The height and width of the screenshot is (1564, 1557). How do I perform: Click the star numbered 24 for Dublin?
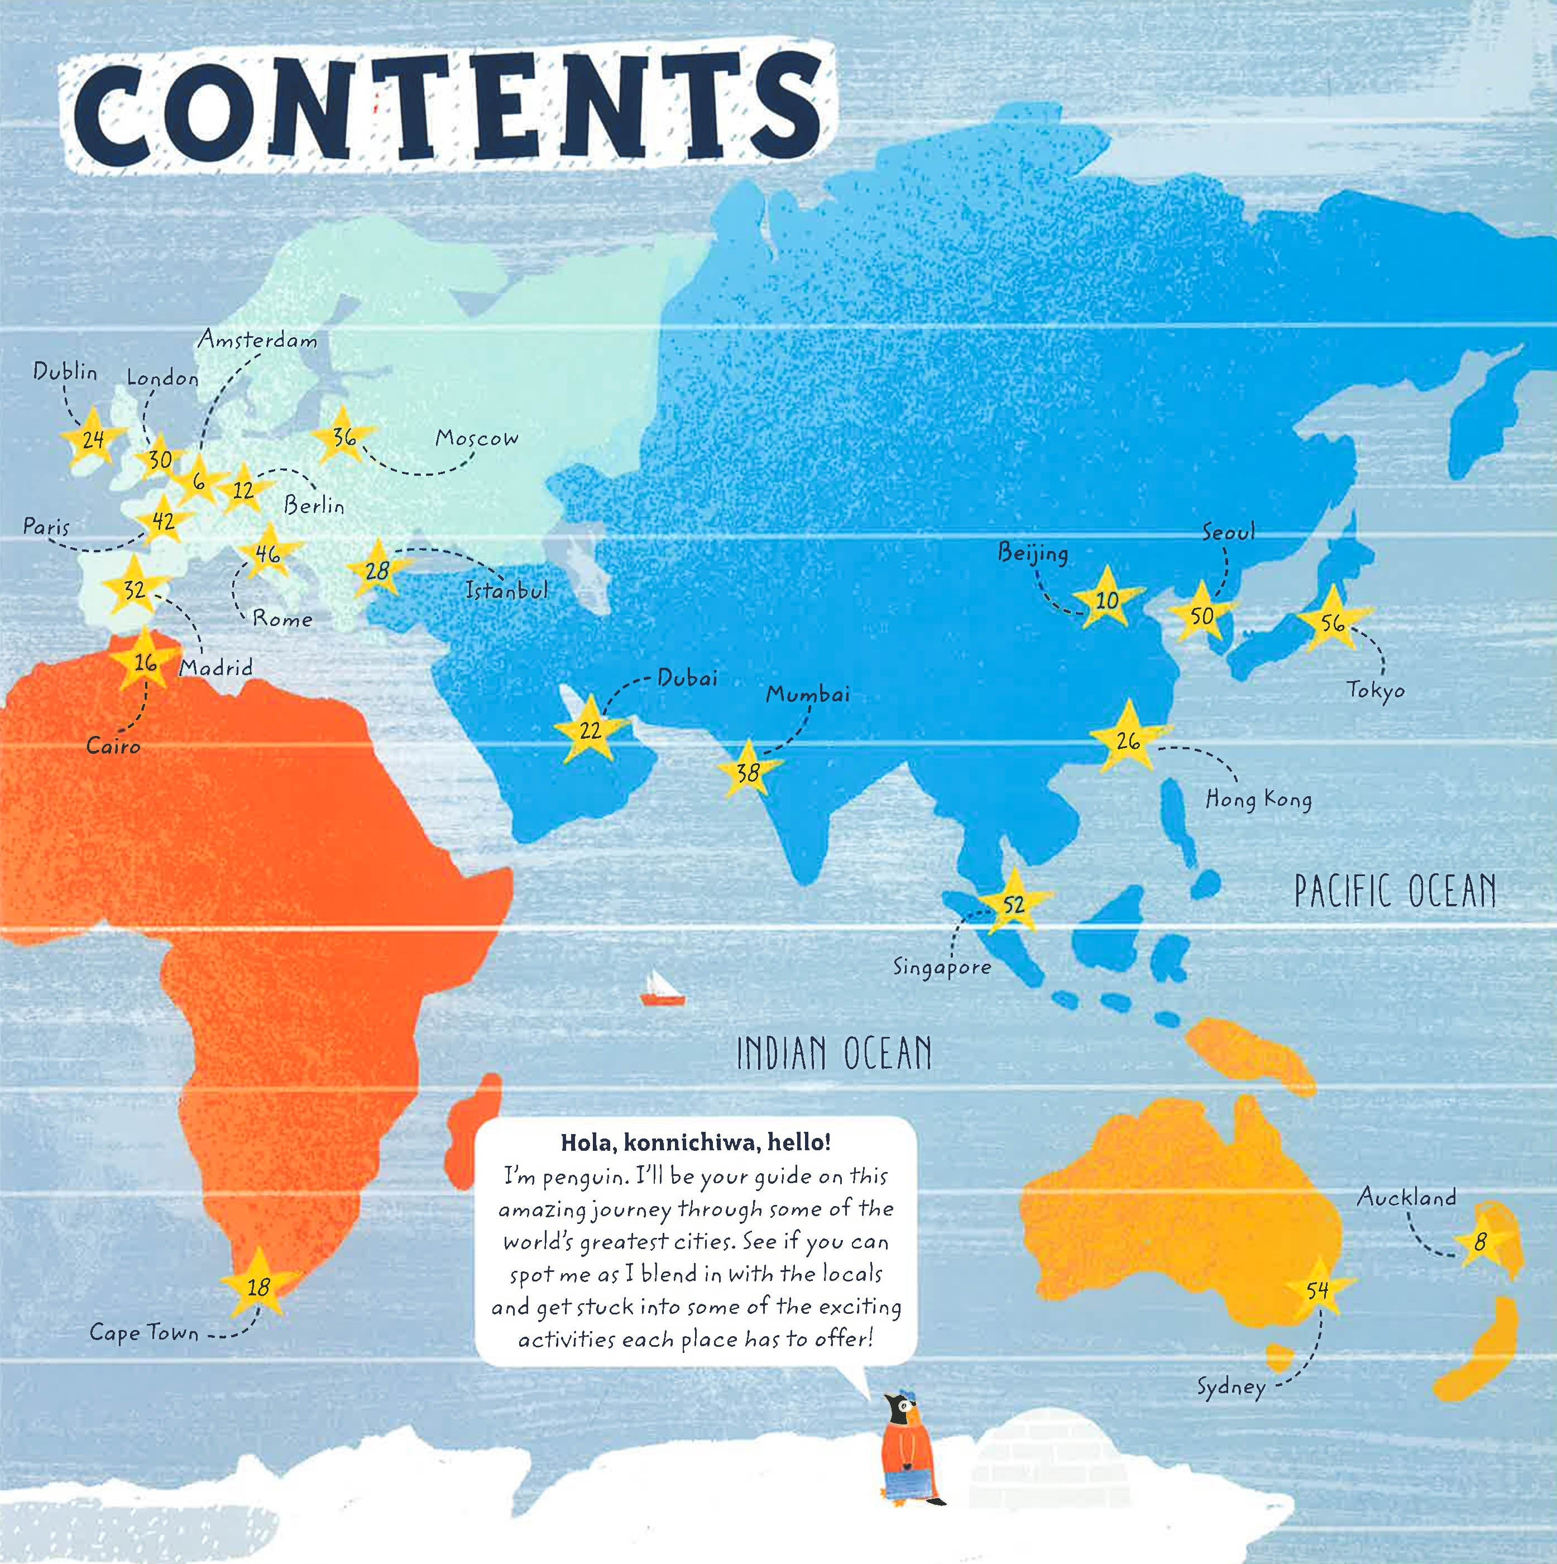coord(93,439)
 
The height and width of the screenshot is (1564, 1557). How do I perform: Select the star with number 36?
coord(344,437)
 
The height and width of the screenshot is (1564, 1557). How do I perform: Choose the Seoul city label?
coord(1228,532)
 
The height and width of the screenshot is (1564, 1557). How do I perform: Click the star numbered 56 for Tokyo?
coord(1332,621)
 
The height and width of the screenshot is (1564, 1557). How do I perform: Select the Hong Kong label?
coord(1258,800)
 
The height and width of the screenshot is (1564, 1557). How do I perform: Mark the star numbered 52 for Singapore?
coord(1013,904)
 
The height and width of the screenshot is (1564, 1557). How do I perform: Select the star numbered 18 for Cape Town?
coord(258,1287)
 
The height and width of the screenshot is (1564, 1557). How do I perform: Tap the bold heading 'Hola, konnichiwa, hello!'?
coord(695,1142)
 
